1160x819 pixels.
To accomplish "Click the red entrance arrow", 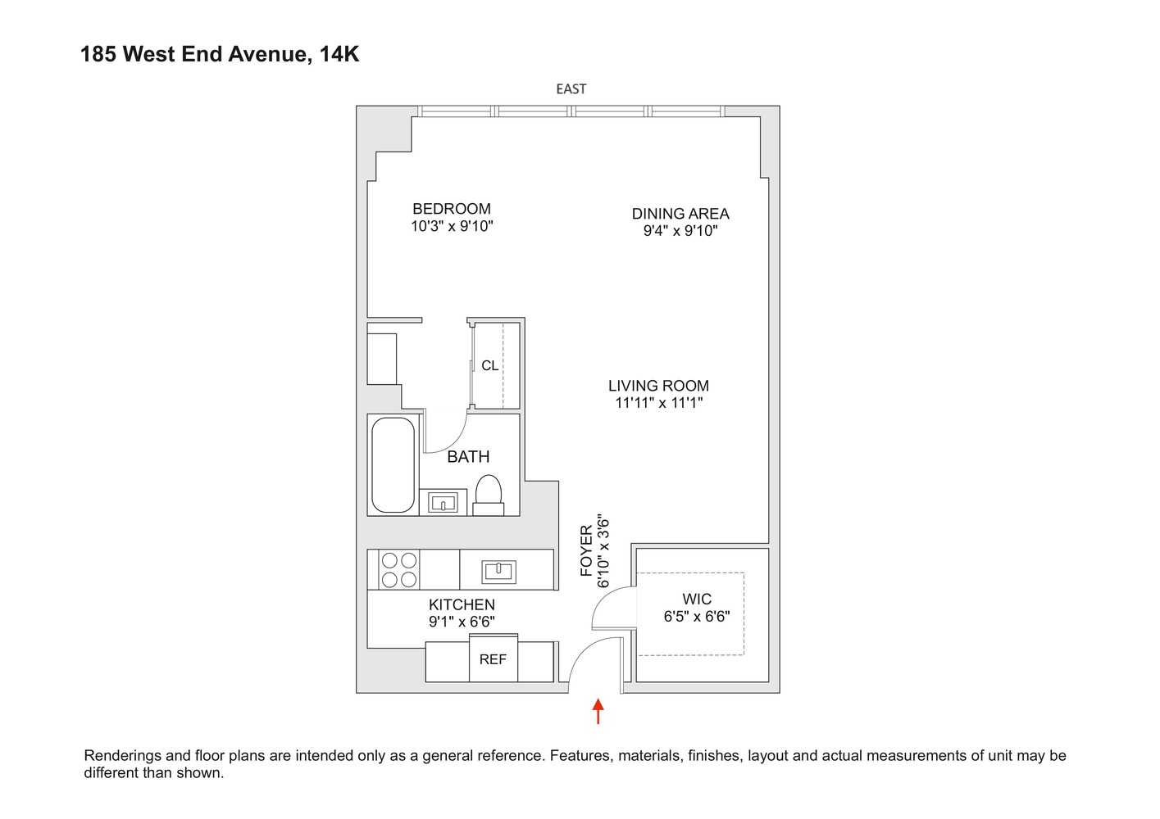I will point(598,711).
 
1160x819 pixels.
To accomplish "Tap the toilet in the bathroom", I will point(489,495).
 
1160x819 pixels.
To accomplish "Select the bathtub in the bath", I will point(393,464).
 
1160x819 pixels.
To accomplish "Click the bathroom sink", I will point(444,502).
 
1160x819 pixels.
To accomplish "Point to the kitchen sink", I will point(498,570).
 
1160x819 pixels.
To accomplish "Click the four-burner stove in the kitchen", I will point(398,570).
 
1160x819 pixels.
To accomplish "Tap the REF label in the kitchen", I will point(493,659).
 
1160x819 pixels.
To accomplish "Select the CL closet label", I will point(489,365).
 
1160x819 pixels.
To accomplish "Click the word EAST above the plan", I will point(571,88).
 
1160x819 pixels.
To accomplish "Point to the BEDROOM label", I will point(452,209).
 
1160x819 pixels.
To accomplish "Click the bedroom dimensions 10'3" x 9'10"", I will point(452,226).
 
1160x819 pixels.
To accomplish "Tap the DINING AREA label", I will point(680,214).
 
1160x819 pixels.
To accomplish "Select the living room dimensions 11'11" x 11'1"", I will point(659,403).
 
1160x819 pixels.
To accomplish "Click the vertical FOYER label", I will point(586,550).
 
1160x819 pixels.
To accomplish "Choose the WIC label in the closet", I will point(697,600).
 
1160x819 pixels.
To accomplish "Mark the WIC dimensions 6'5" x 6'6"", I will point(697,617).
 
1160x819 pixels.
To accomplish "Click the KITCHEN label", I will point(462,604).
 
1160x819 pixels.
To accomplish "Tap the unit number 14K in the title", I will point(339,54).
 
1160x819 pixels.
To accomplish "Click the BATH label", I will point(468,457).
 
